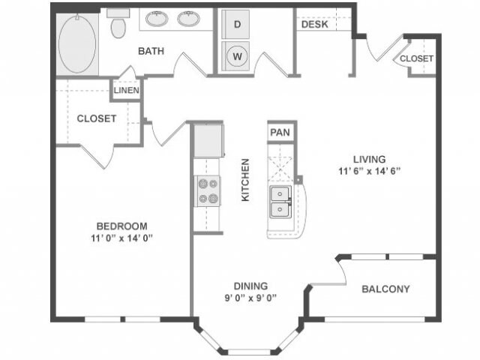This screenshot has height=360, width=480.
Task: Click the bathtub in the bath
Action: [77, 45]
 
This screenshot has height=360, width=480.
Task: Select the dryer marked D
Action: [235, 24]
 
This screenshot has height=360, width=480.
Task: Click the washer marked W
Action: [235, 56]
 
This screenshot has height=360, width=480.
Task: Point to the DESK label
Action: [315, 25]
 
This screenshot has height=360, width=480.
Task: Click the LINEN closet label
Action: [127, 90]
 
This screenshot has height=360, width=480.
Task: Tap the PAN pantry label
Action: [280, 133]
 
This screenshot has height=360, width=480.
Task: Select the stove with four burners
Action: [208, 191]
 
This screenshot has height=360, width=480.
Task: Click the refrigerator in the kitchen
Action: [208, 140]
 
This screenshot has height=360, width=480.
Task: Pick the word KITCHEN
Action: [245, 180]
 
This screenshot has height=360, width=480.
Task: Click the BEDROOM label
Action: [121, 226]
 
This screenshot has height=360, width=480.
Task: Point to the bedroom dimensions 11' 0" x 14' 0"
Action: [121, 238]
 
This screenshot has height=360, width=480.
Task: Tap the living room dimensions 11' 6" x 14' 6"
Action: [370, 171]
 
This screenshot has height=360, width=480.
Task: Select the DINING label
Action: [250, 286]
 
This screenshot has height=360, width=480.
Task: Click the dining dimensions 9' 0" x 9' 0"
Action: [250, 298]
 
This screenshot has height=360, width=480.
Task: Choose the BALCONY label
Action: [385, 289]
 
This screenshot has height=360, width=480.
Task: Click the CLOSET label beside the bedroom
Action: [97, 118]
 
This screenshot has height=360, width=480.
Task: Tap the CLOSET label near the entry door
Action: [417, 58]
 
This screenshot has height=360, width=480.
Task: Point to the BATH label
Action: [151, 51]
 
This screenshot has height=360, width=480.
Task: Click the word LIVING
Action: [370, 160]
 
